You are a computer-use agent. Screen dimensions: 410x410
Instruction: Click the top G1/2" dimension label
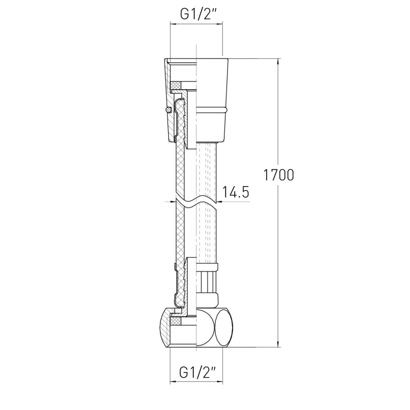click(x=196, y=15)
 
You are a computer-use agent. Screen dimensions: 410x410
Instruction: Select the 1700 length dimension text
click(x=278, y=175)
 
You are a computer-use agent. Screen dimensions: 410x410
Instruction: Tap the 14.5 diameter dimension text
click(x=236, y=192)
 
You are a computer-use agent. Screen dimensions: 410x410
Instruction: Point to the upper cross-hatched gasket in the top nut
click(x=175, y=85)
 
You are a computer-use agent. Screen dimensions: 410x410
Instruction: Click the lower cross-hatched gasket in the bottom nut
click(x=175, y=321)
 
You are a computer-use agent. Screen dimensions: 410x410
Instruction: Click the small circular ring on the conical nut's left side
click(x=168, y=110)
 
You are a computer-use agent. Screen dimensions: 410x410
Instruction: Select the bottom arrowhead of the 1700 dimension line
click(x=278, y=344)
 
